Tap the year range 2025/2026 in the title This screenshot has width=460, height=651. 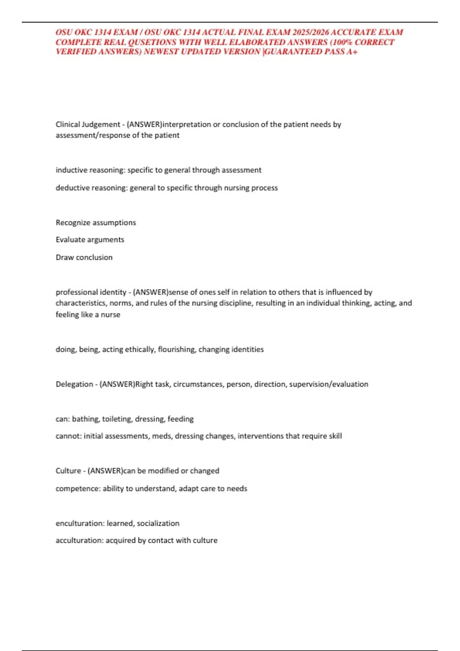tap(310, 32)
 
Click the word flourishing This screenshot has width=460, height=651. tap(176, 349)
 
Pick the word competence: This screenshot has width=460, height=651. tap(78, 489)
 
